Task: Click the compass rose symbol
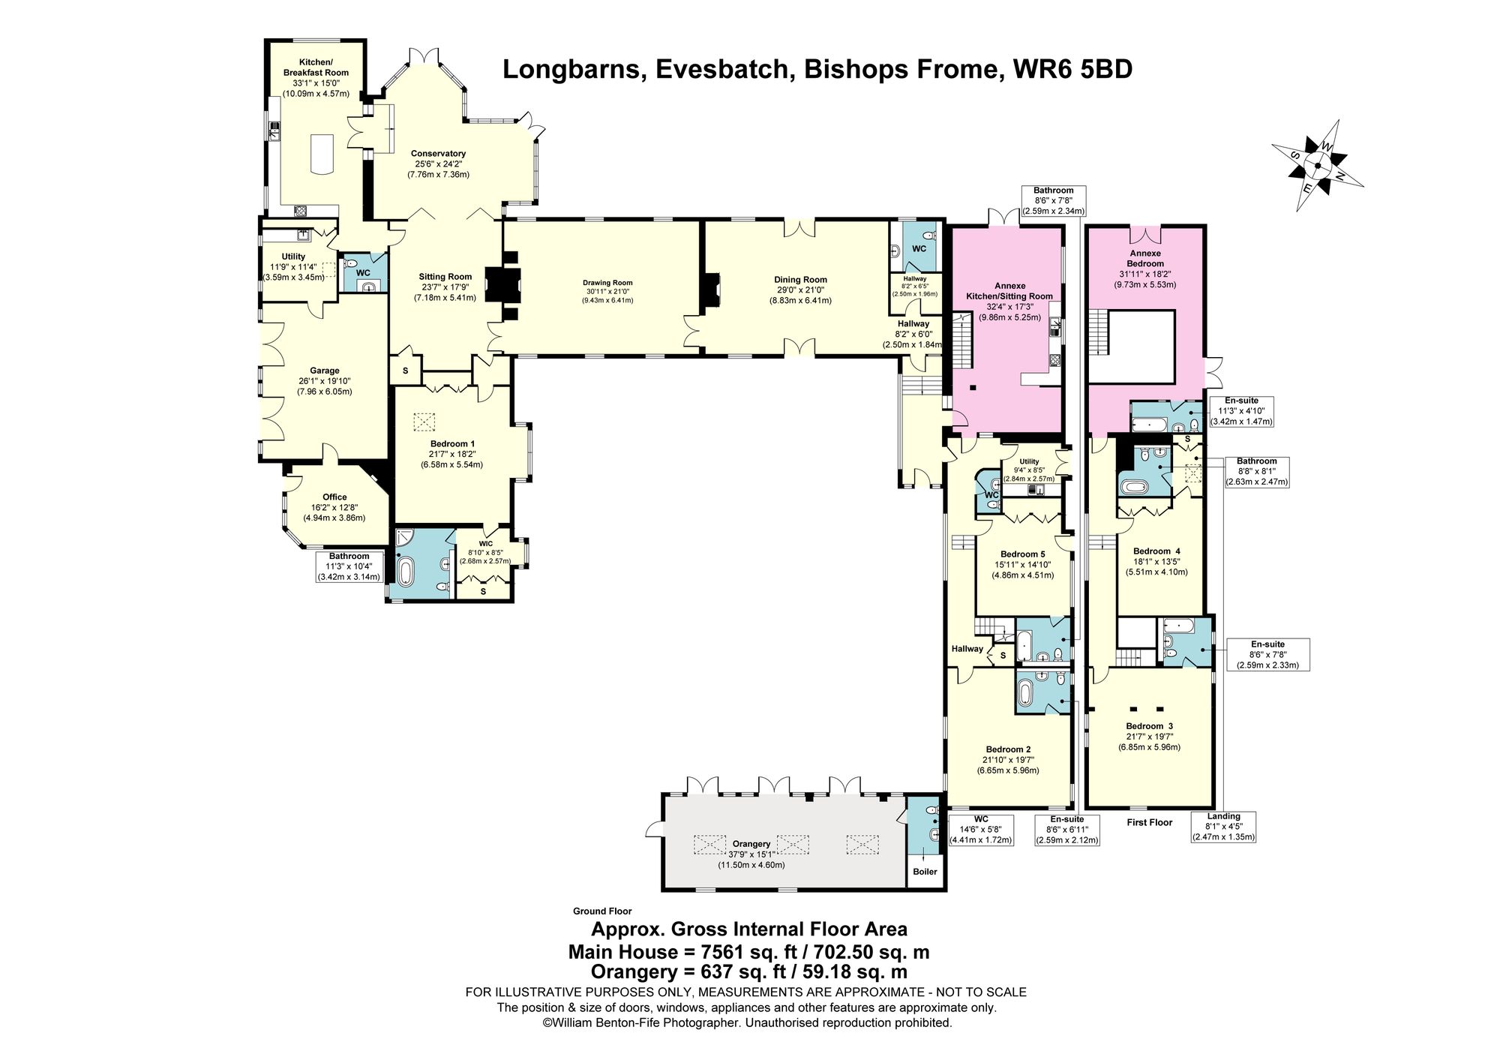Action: tap(1317, 167)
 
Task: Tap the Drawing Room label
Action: tap(607, 283)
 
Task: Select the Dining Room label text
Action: tap(800, 280)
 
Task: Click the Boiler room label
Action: tap(925, 872)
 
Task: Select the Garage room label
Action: tap(325, 371)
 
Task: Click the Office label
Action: tap(334, 497)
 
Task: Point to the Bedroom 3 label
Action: tap(1149, 726)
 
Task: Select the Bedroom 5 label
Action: tap(1022, 554)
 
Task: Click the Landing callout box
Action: tap(1223, 827)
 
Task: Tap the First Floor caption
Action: tap(1149, 823)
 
